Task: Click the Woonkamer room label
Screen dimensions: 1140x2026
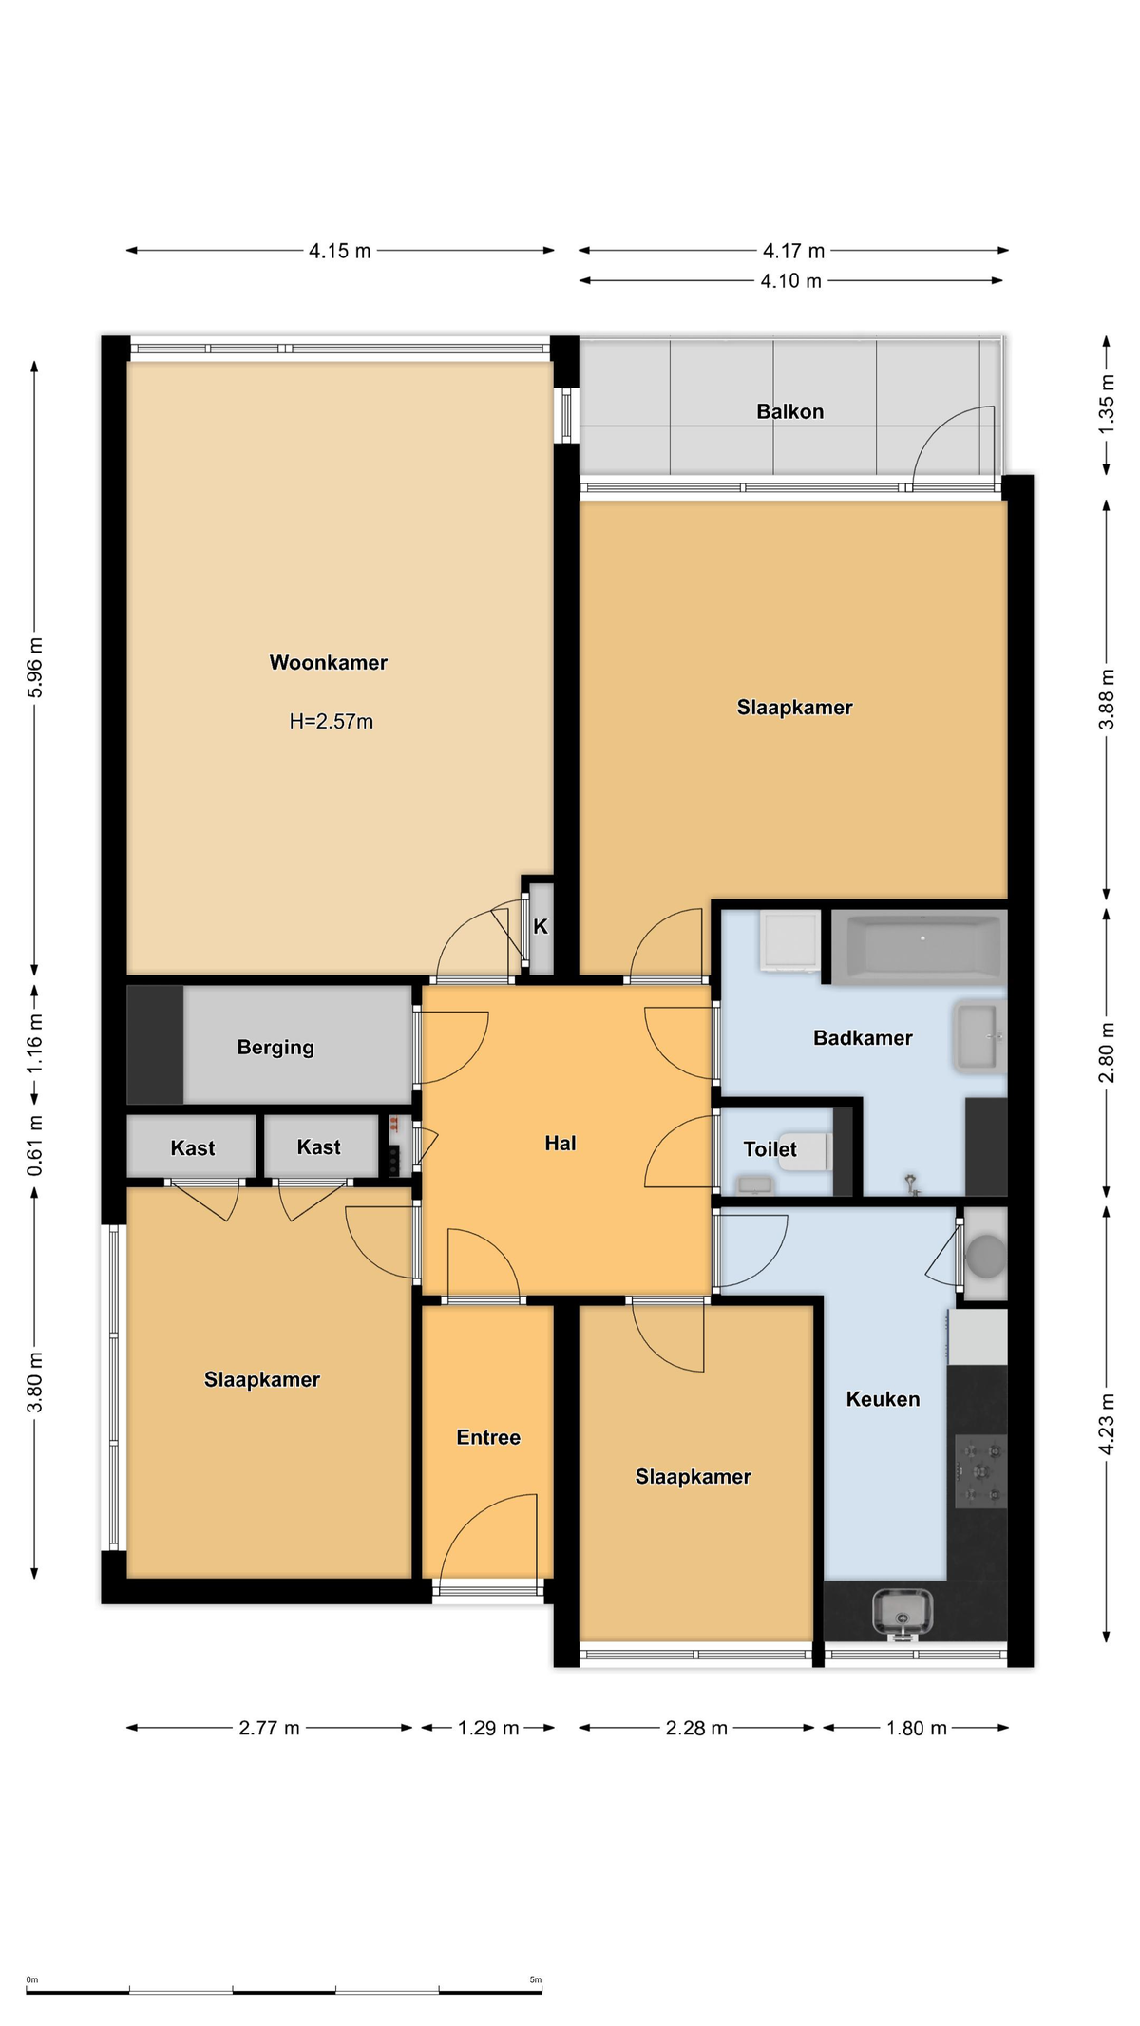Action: point(329,663)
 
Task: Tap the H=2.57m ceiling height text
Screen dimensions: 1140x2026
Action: point(331,721)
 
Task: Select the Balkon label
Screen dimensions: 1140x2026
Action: point(789,411)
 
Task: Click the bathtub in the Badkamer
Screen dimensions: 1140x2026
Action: point(919,947)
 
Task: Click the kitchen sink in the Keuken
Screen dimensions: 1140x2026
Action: point(902,1612)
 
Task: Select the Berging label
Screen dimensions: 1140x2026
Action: point(275,1047)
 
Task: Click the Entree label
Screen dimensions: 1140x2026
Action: point(488,1437)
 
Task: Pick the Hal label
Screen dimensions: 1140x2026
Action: point(560,1143)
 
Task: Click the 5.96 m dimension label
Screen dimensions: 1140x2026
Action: point(35,668)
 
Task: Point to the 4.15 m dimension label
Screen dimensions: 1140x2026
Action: point(339,251)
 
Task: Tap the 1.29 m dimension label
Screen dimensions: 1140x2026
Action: point(488,1728)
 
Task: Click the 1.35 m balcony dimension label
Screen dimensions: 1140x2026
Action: point(1107,404)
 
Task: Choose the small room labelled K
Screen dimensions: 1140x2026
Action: point(541,927)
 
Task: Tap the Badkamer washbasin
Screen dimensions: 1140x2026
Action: point(979,1037)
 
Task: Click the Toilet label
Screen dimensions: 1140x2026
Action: point(769,1149)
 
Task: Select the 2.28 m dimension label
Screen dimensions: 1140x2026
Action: point(696,1728)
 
